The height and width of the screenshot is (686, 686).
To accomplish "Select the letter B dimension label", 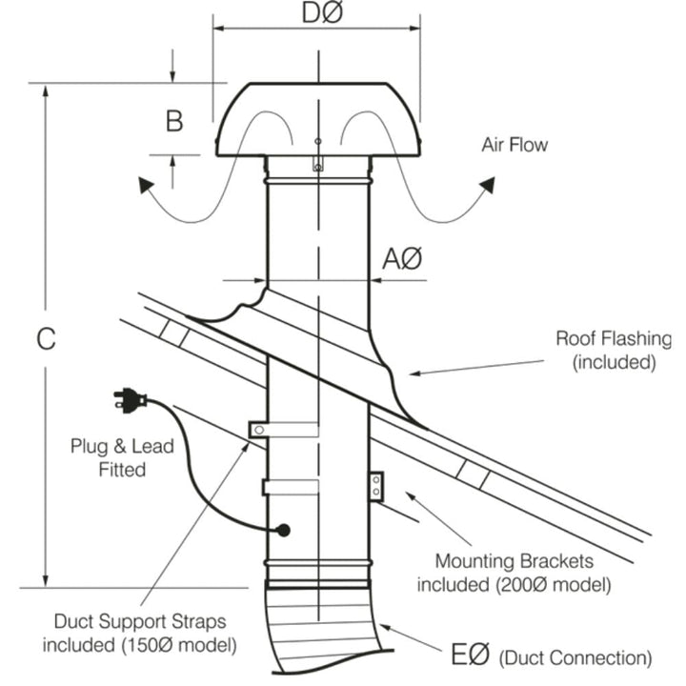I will pos(174,121).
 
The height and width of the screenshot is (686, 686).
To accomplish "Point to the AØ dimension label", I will pos(401,258).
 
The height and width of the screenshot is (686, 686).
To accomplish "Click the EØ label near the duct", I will pos(469,656).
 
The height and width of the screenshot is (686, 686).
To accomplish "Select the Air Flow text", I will pos(515,145).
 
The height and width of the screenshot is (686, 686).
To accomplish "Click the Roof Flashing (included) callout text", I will pos(614,350).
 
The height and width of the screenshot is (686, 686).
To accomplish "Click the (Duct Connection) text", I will pos(575,657).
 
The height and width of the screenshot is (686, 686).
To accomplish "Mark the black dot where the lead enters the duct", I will pos(283,529).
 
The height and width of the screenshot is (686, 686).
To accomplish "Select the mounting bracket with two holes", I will pos(375,484).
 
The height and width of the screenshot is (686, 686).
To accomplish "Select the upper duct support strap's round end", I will pos(255,431).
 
